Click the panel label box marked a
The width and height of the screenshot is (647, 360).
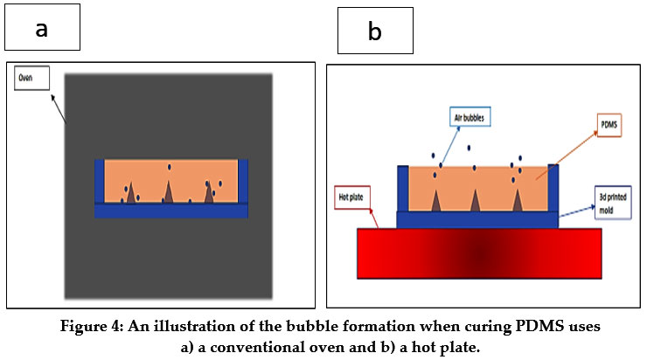(x=42, y=27)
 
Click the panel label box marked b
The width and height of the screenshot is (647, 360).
(x=375, y=32)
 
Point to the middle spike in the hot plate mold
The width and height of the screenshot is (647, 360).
(x=476, y=200)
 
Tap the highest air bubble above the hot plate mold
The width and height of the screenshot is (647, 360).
(x=469, y=148)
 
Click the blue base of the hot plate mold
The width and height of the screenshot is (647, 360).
(x=478, y=218)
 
